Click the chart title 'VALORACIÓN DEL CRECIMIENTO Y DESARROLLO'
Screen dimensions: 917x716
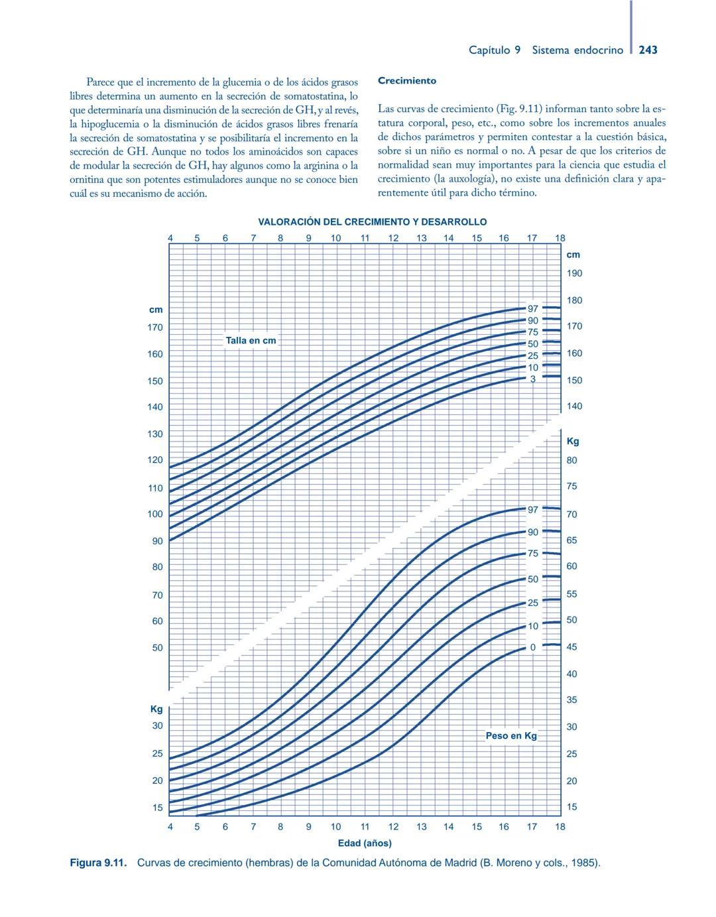(x=372, y=222)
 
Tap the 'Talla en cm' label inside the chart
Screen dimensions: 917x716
(x=251, y=340)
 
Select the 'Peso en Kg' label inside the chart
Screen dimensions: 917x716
(x=511, y=735)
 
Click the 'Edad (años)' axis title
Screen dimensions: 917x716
(x=365, y=843)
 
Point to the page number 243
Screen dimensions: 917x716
(x=648, y=50)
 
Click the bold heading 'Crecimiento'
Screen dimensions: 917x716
(x=407, y=81)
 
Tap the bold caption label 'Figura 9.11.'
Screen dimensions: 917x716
(x=98, y=863)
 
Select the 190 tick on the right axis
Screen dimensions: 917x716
(x=574, y=273)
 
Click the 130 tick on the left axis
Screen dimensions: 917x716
(x=154, y=434)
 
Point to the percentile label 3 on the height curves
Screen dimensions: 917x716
(x=532, y=379)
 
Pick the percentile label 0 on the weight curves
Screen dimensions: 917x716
(x=532, y=647)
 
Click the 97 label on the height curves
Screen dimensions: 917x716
(x=533, y=308)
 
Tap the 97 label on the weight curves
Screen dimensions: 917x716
(x=533, y=510)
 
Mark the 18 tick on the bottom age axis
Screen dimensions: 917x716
(x=560, y=827)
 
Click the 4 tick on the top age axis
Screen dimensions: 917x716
(x=170, y=238)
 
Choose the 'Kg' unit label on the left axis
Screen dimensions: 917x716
(x=156, y=709)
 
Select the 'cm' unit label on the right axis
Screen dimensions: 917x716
(x=573, y=255)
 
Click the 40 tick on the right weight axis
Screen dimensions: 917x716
(x=571, y=674)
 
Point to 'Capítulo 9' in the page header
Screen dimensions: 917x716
(x=494, y=50)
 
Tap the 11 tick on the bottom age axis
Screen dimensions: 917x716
(x=365, y=827)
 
